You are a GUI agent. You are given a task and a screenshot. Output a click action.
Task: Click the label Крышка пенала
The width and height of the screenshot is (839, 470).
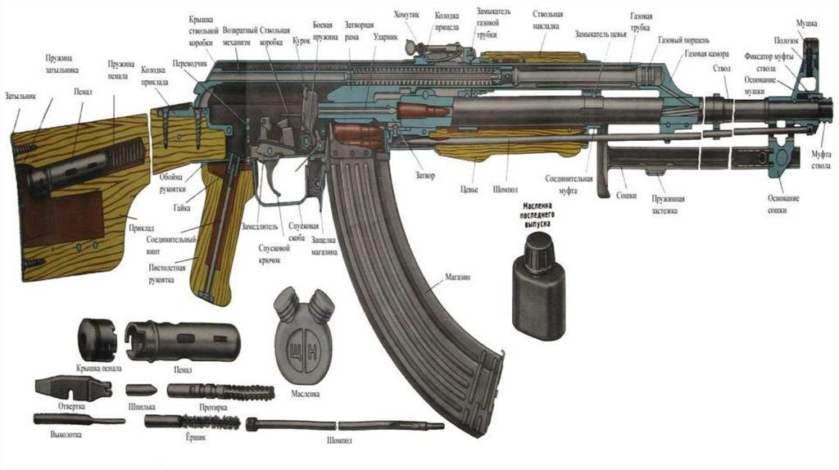[98, 368]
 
